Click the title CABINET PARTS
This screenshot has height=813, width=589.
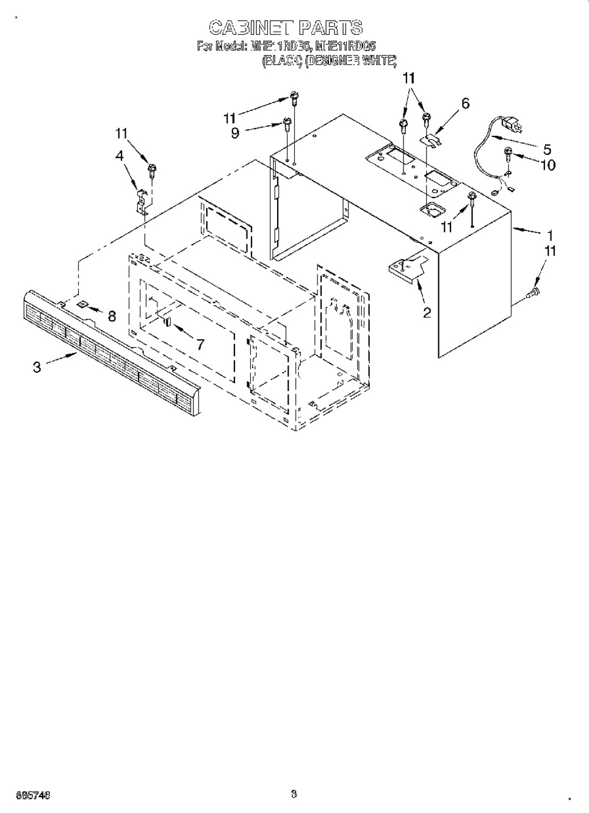pos(286,28)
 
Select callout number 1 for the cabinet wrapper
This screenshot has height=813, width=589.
pos(550,234)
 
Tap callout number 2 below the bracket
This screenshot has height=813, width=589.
pos(427,313)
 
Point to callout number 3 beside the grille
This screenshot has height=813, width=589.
pos(37,367)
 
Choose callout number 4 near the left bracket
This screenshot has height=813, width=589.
pos(120,156)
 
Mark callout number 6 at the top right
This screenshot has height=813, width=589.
pos(465,104)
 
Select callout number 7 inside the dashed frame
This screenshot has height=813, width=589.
pos(200,344)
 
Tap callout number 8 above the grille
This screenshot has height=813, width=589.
pos(112,316)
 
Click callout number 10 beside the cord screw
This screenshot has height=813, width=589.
pos(547,164)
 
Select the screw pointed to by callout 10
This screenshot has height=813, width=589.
pos(507,154)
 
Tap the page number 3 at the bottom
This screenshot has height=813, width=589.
pos(294,793)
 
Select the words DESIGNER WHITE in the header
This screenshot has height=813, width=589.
pos(351,60)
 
